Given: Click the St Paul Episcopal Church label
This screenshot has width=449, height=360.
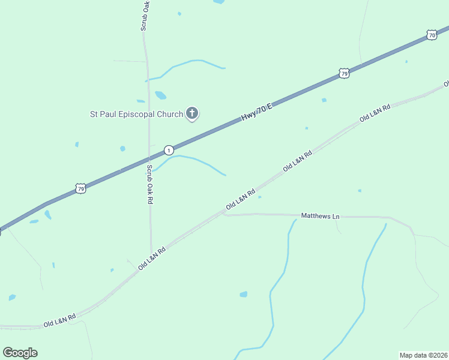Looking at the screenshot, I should click(136, 114).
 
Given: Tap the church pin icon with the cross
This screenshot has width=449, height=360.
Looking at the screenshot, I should click(192, 113).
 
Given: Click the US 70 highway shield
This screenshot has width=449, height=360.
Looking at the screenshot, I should click(432, 35).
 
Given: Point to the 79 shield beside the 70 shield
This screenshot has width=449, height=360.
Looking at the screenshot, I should click(343, 73).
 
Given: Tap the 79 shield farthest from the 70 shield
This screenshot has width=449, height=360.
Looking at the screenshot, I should click(81, 188).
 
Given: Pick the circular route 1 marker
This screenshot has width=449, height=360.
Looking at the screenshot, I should click(169, 149).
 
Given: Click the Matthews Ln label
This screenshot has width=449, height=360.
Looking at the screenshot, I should click(320, 215).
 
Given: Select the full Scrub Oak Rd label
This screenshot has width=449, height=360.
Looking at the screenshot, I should click(149, 185).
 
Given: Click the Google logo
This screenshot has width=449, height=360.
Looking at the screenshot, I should click(20, 353).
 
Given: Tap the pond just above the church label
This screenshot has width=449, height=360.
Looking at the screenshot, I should click(160, 95).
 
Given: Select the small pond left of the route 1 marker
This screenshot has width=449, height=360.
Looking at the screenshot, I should click(122, 148).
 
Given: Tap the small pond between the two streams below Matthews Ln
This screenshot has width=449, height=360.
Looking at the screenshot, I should click(243, 294).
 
